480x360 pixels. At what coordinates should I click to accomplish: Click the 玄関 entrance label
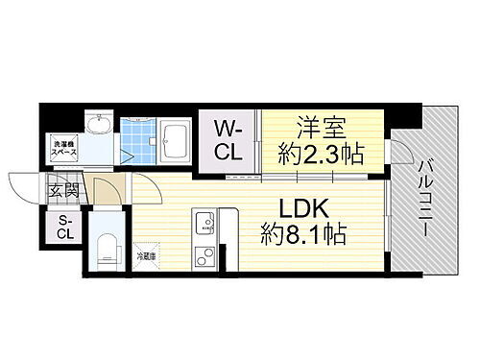click(59, 189)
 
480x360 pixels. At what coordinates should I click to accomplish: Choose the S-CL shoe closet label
click(64, 227)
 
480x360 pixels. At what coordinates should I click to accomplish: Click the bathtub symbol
click(176, 144)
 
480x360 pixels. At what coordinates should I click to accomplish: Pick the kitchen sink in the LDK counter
click(204, 224)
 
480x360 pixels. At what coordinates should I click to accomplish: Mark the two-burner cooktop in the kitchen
click(204, 256)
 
